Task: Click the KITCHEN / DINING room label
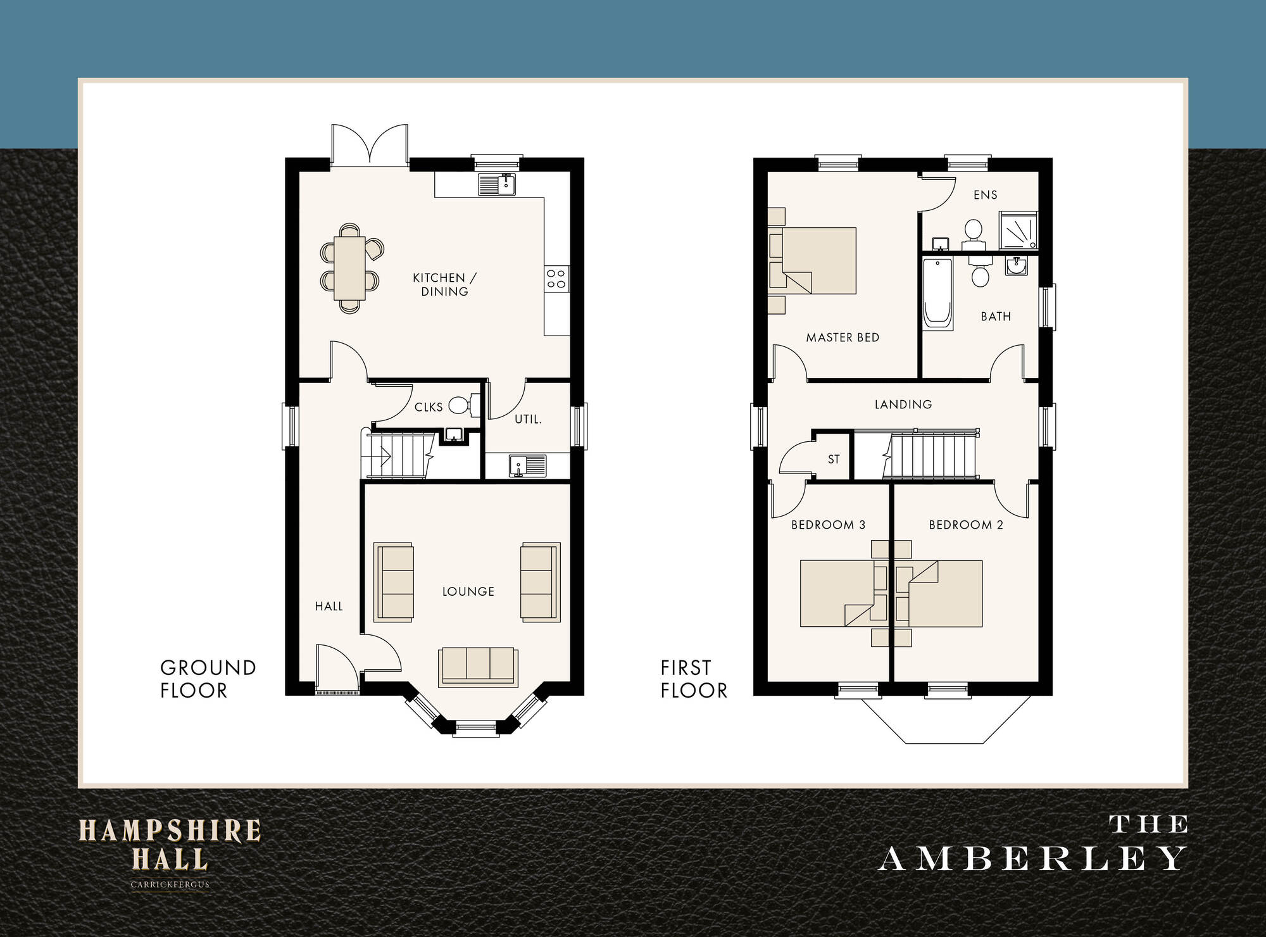click(444, 284)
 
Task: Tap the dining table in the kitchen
click(349, 268)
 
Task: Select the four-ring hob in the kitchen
click(556, 279)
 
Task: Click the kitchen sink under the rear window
click(497, 184)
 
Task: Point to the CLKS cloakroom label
click(429, 407)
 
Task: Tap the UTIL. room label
click(528, 419)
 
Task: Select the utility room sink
click(527, 465)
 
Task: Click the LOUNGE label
click(468, 591)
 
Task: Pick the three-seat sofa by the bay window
click(478, 667)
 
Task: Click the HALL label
click(329, 607)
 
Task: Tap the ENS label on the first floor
click(986, 195)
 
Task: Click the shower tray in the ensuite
click(1018, 230)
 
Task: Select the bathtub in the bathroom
click(937, 293)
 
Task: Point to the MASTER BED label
click(843, 337)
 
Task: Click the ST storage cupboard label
click(834, 460)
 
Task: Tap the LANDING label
click(903, 405)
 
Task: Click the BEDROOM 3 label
click(828, 525)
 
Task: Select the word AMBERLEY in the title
click(1032, 859)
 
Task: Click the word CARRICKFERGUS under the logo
click(170, 885)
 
